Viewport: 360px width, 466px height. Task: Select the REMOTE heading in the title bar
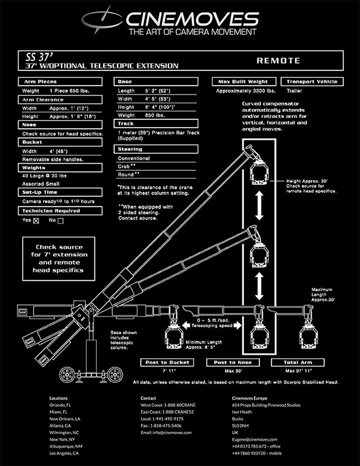[x=277, y=61]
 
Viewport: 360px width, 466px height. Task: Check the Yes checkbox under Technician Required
[x=36, y=220]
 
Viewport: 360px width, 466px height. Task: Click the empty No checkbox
[x=60, y=220]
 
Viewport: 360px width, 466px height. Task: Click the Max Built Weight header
[x=244, y=82]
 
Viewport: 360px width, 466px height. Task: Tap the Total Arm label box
[x=298, y=362]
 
